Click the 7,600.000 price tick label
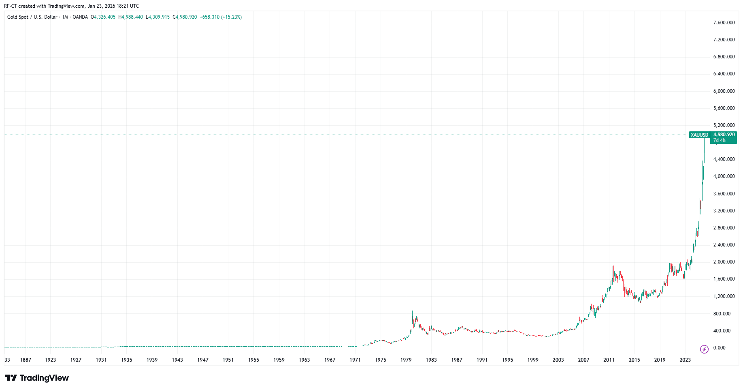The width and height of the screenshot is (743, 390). point(724,23)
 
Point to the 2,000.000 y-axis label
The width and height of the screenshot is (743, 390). point(724,262)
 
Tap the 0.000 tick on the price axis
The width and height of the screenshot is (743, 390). point(719,348)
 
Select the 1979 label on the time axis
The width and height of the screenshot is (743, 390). point(406,360)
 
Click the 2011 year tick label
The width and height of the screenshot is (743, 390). point(609,360)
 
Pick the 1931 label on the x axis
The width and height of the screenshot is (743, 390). point(101,360)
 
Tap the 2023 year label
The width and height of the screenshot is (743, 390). point(685,360)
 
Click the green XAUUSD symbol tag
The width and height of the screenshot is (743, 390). point(699,135)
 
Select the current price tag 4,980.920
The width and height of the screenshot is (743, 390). point(724,135)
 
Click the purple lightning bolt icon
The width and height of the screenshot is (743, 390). point(704,349)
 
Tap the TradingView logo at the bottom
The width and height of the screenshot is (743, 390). point(37,378)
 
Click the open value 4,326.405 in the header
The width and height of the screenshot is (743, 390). point(104,17)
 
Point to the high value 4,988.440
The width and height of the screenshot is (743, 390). point(132,17)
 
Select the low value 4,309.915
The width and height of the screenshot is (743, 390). point(159,17)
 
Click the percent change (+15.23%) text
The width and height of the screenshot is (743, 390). point(231,17)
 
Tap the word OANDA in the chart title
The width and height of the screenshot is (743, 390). point(80,17)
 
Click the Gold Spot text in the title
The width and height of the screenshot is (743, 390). point(18,17)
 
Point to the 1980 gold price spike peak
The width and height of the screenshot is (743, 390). point(412,311)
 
